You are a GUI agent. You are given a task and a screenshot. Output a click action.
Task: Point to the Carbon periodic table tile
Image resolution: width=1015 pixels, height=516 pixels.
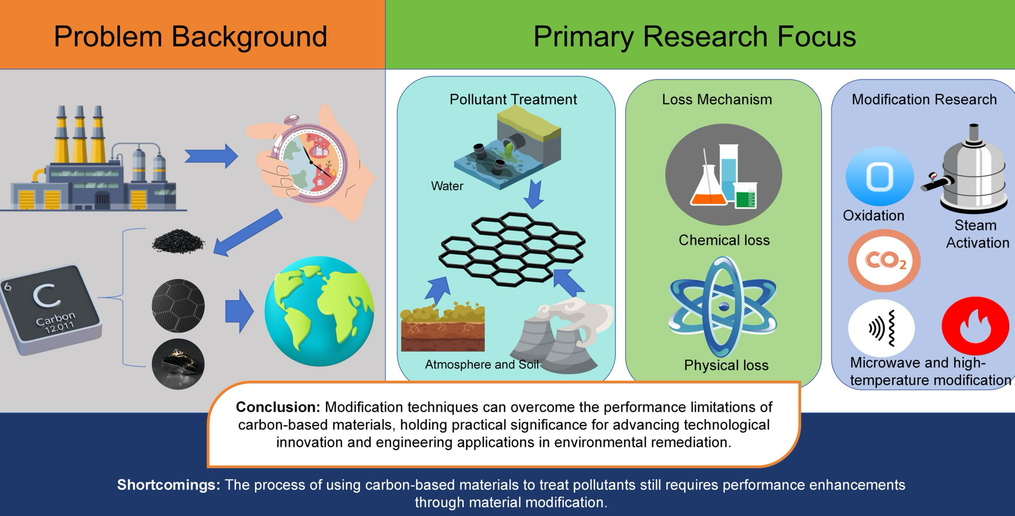[49, 307]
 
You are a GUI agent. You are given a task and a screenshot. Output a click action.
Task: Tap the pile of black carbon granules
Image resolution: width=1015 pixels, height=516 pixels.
[178, 241]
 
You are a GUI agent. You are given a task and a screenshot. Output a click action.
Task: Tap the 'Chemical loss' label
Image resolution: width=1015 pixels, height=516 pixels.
[724, 240]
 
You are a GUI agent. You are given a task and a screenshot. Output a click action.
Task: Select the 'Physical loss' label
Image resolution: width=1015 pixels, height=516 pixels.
[726, 365]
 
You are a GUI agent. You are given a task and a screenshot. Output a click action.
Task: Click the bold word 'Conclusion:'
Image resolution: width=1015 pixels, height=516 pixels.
[278, 407]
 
